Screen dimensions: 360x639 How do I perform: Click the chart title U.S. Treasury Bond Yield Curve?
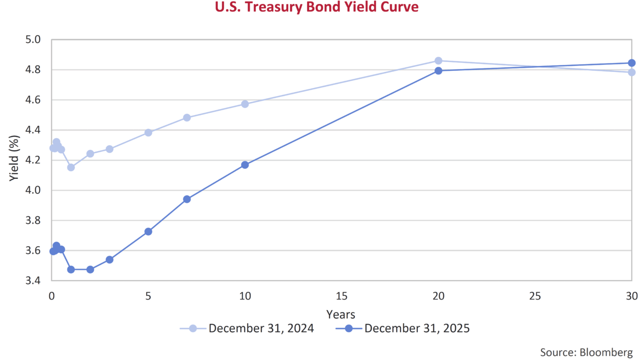coord(317,7)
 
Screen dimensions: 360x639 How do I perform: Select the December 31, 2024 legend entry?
coord(261,328)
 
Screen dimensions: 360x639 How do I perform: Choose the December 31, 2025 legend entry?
coord(417,328)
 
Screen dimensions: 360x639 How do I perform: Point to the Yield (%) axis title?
coord(14,160)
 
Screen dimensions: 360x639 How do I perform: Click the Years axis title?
coord(340,314)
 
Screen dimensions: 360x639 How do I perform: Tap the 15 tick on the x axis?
coord(341,296)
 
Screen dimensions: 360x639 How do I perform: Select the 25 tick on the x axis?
coord(535,296)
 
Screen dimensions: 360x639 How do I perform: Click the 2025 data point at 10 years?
coord(245,165)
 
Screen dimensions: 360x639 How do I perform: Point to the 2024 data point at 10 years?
coord(245,104)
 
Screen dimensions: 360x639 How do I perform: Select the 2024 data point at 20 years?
coord(438,61)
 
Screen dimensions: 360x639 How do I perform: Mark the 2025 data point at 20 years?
coord(438,70)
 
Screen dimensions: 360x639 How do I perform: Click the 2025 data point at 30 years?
coord(632,63)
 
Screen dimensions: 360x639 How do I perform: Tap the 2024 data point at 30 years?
coord(632,72)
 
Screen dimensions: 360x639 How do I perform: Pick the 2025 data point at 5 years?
coord(148,232)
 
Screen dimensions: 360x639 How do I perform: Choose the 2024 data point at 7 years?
coord(187,118)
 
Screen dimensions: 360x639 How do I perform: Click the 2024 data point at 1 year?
coord(71,167)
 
